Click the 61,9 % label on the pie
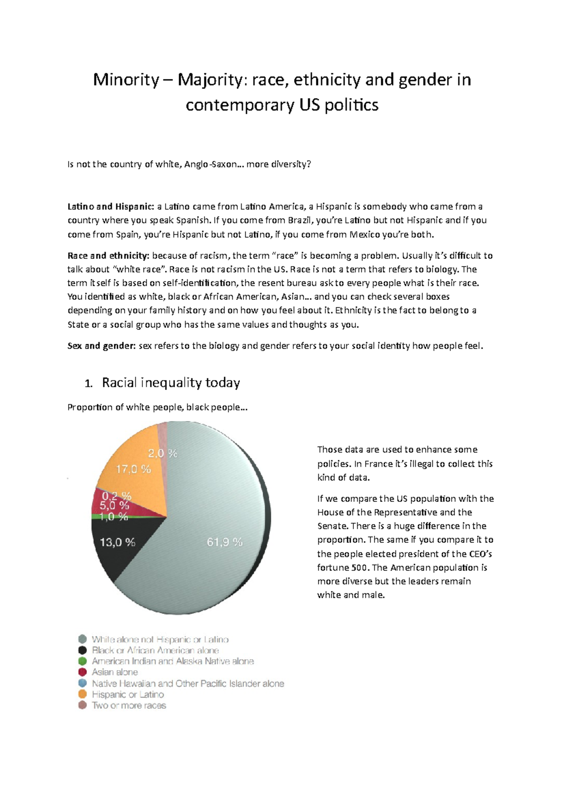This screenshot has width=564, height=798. click(225, 542)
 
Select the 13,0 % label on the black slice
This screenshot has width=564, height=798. click(117, 542)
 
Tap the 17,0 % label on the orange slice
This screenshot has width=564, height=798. click(133, 469)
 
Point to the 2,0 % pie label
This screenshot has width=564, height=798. click(163, 454)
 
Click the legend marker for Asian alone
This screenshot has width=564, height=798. click(83, 672)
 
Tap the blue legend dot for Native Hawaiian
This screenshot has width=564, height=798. click(83, 683)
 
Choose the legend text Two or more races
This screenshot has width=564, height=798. click(129, 705)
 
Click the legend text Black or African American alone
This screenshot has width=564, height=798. click(155, 650)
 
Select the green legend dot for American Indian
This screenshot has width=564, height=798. click(83, 661)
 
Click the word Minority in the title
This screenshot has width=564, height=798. click(126, 80)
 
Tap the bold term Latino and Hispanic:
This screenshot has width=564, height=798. click(110, 206)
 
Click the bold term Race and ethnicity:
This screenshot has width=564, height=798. click(108, 256)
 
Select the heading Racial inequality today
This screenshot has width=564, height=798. click(171, 383)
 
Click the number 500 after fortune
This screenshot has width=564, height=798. click(360, 567)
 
